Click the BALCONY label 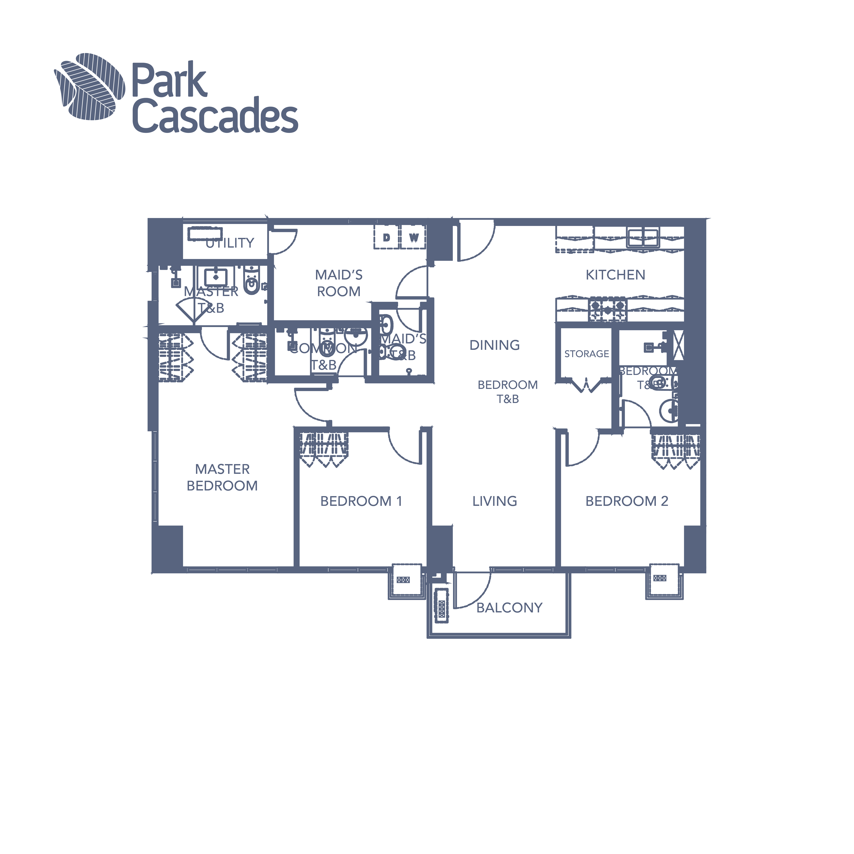[509, 608]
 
